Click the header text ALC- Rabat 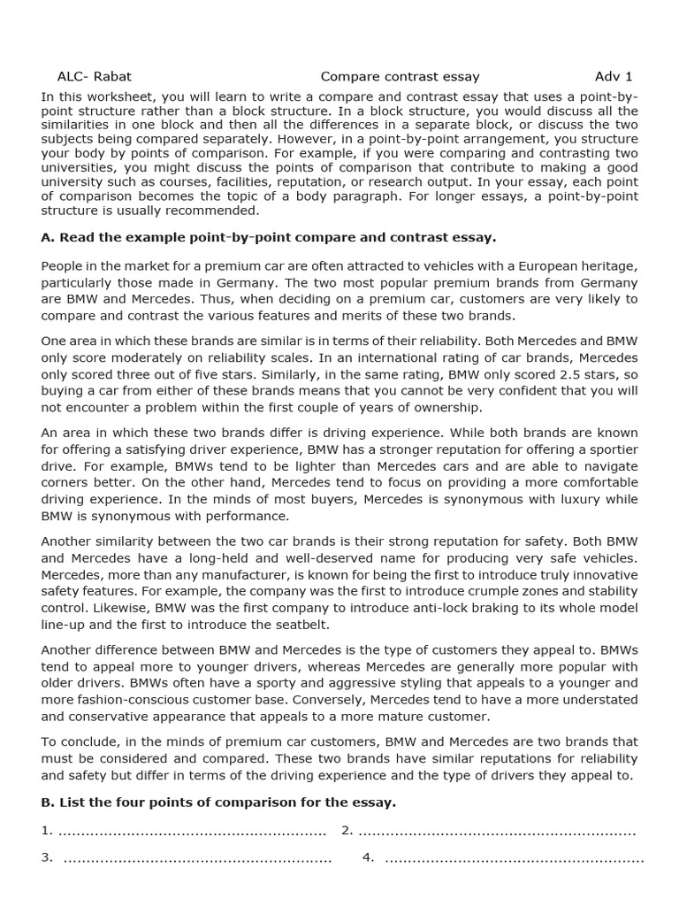pos(94,76)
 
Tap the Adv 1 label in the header pos(614,76)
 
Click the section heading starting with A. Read pos(269,237)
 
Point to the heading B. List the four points pos(218,802)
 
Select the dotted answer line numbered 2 pos(497,830)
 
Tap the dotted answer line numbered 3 pos(198,857)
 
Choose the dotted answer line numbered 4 pos(515,857)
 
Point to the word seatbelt pos(297,624)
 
